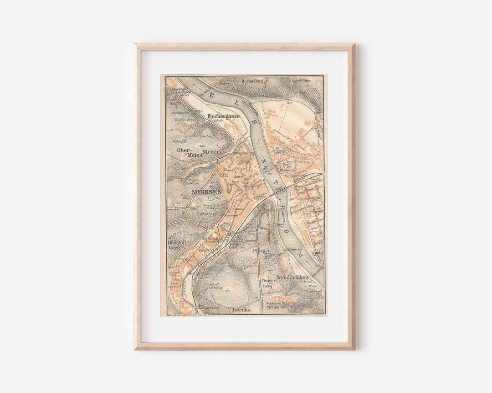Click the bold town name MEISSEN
coord(207,192)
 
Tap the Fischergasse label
coord(223,116)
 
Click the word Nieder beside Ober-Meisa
coord(211,151)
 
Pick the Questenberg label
coord(178,245)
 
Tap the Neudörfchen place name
coord(292,277)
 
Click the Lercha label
coord(242,310)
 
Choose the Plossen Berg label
coord(268,283)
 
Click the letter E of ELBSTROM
coord(210,96)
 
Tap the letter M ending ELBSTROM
coord(300,255)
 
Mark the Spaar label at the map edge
coord(317,252)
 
